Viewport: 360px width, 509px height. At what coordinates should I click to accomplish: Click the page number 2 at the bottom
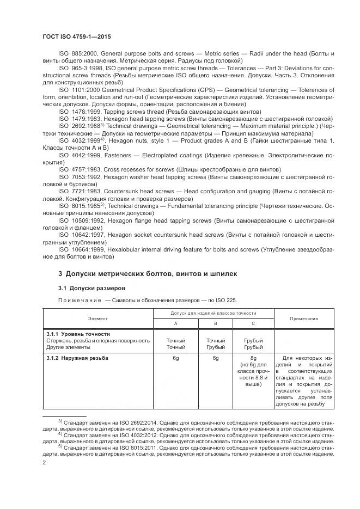click(44, 462)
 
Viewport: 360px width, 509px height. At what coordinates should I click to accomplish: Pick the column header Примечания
click(304, 318)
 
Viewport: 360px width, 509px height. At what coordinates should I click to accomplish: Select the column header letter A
click(175, 323)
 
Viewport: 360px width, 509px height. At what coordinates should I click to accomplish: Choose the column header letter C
click(254, 323)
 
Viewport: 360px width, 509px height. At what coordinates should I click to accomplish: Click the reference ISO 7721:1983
click(76, 192)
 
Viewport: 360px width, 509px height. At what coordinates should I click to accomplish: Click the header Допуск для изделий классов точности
click(214, 314)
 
